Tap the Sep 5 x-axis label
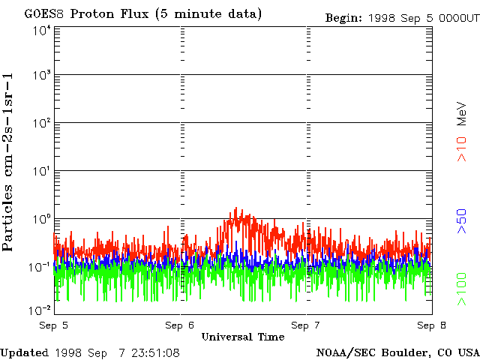54,325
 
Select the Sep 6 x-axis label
180,325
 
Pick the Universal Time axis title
243,337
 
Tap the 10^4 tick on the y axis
40,30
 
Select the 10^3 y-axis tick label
40,75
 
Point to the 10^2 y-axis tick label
40,122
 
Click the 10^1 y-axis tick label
40,170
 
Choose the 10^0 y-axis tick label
40,218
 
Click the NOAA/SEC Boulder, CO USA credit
397,352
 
